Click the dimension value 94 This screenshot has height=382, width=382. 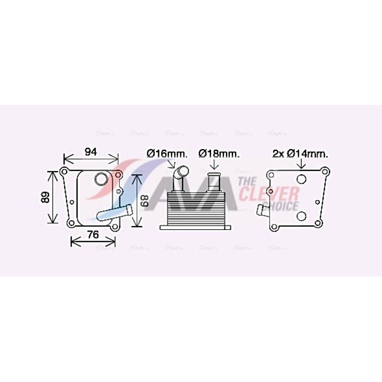pyautogui.click(x=91, y=152)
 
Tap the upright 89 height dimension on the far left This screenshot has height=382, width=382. pyautogui.click(x=44, y=197)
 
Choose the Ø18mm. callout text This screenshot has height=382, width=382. pyautogui.click(x=219, y=154)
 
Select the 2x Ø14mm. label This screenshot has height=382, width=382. pyautogui.click(x=300, y=154)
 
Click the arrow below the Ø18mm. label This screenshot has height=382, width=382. pyautogui.click(x=214, y=164)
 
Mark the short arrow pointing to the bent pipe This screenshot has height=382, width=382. pyautogui.click(x=172, y=165)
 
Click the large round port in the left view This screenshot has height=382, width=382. pyautogui.click(x=101, y=180)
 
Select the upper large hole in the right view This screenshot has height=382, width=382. pyautogui.click(x=301, y=180)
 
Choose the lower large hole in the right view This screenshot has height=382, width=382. pyautogui.click(x=301, y=216)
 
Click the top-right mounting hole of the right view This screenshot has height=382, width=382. pyautogui.click(x=325, y=171)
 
